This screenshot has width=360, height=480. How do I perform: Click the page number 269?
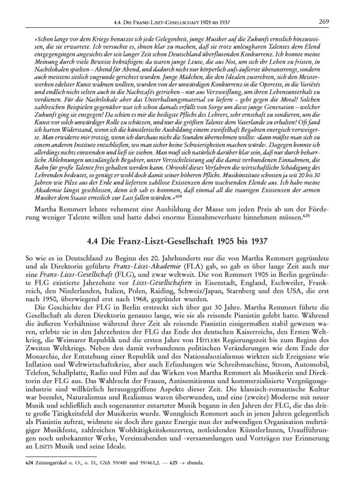(x=324, y=21)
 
